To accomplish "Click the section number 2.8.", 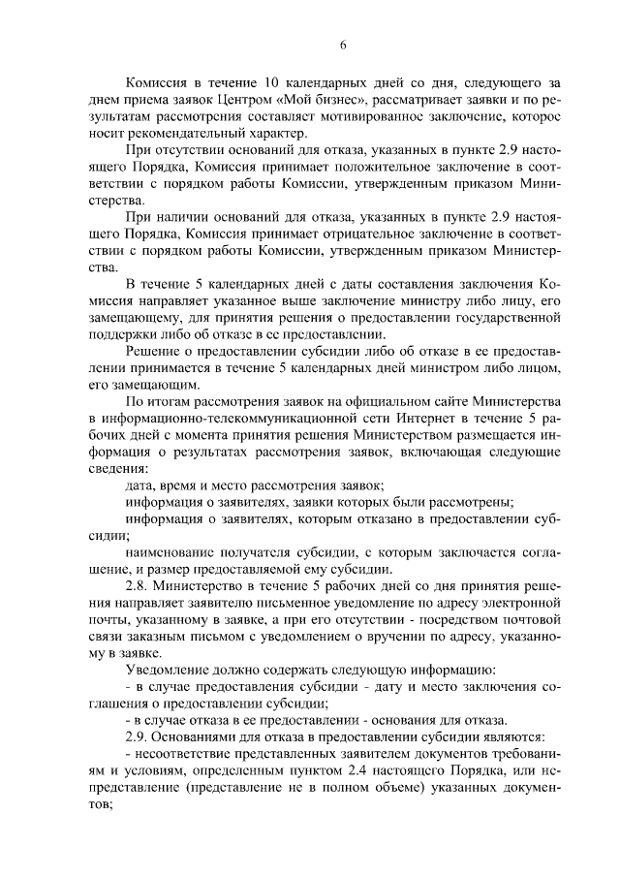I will (142, 586).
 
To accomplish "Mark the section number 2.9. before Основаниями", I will (142, 736).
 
